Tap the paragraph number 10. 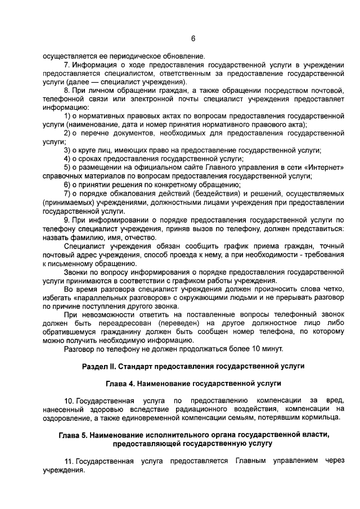pyautogui.click(x=69, y=400)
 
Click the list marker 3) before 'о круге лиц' pyautogui.click(x=67, y=150)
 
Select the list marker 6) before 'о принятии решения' pyautogui.click(x=67, y=184)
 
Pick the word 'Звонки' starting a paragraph pyautogui.click(x=76, y=272)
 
